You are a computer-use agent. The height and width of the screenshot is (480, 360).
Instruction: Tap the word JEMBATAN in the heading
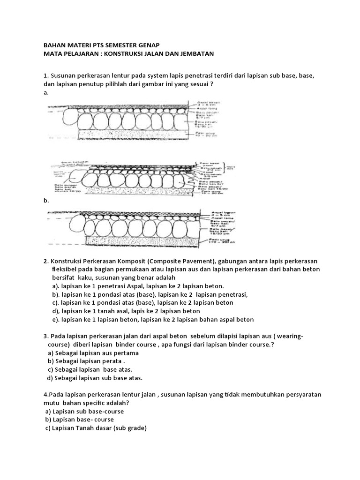click(x=197, y=54)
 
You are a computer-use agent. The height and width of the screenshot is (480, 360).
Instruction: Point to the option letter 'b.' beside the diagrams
click(x=46, y=200)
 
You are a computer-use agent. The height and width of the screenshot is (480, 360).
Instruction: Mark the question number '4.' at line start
click(x=46, y=395)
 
